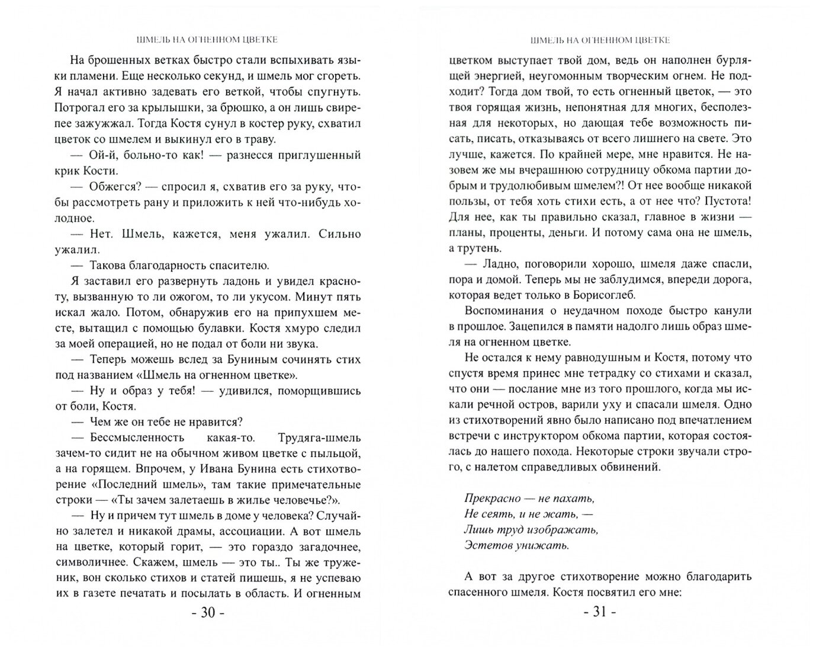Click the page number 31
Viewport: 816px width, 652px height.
pyautogui.click(x=600, y=612)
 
